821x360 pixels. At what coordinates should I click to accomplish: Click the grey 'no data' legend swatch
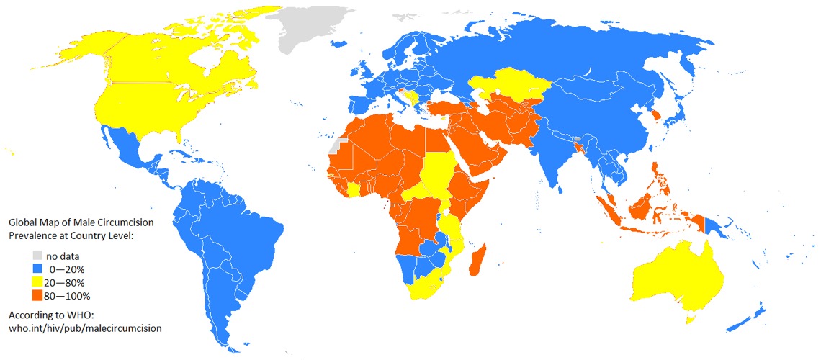[37, 256]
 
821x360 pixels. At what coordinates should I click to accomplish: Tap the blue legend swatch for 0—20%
[37, 269]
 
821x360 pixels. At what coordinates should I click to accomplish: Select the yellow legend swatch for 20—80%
[37, 282]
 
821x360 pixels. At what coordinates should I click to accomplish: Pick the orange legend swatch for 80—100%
[37, 295]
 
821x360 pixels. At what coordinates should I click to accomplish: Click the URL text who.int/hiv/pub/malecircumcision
[84, 328]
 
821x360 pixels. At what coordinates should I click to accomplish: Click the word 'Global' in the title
[24, 222]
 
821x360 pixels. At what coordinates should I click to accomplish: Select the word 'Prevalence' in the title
[34, 235]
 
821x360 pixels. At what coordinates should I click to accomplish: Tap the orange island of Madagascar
[478, 259]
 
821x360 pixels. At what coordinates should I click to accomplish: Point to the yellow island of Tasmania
[693, 318]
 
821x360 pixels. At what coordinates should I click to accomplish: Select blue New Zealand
[749, 317]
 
